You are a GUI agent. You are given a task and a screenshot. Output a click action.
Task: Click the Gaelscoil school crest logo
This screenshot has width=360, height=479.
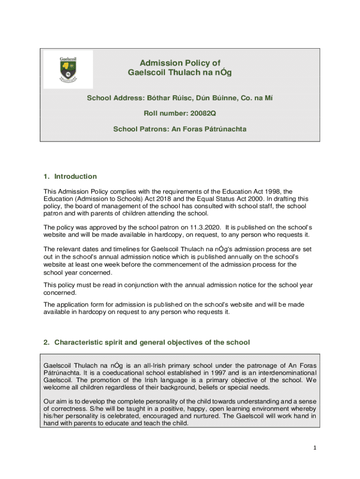click(x=68, y=69)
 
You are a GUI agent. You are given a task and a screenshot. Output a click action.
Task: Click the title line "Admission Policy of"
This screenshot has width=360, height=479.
click(x=180, y=63)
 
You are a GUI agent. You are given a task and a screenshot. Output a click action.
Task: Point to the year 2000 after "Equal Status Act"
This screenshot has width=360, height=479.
click(x=250, y=199)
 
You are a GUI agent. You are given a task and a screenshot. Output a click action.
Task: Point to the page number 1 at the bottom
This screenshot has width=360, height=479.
click(x=315, y=448)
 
